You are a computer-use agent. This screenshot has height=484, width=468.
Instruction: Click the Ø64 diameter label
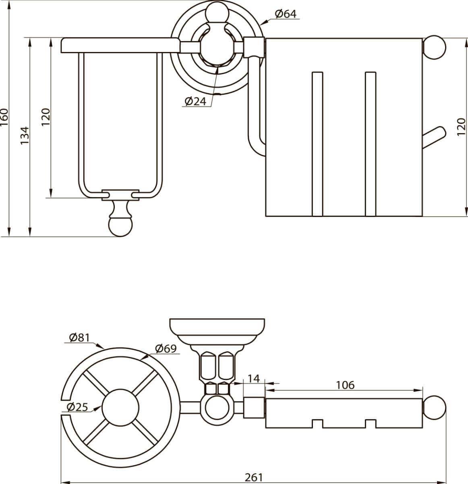286,14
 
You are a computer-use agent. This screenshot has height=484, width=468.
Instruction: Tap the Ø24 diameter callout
195,101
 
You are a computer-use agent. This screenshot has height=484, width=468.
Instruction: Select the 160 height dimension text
4,117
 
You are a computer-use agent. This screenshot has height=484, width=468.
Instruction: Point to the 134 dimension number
25,136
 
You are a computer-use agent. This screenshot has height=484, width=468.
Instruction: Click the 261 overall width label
254,477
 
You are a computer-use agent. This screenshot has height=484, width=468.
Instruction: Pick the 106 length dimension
345,385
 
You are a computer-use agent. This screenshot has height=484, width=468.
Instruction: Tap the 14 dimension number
254,379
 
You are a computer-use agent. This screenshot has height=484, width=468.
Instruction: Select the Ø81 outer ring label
79,338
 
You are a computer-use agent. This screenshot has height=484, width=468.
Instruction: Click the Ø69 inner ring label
166,348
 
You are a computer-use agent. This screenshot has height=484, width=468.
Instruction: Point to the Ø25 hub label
77,407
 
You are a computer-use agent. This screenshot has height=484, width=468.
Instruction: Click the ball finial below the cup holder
120,226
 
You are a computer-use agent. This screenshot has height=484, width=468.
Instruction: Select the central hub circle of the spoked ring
120,407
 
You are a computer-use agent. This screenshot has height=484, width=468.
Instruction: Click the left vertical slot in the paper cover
317,144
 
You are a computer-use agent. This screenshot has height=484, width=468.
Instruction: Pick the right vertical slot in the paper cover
371,144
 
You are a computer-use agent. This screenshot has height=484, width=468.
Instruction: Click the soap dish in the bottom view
217,333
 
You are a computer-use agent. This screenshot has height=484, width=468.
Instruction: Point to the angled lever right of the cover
434,138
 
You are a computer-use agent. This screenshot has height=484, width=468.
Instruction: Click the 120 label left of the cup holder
46,117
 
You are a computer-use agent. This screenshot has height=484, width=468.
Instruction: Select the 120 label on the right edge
461,127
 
